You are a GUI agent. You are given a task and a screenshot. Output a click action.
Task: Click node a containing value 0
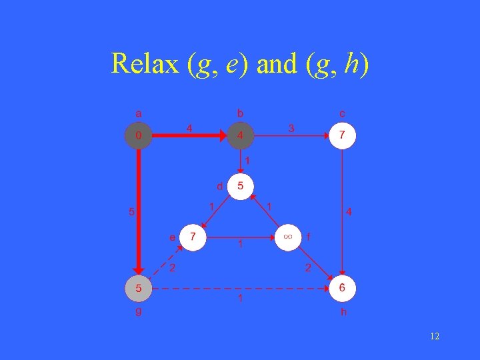tap(139, 135)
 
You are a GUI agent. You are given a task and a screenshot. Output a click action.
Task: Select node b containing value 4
tap(241, 135)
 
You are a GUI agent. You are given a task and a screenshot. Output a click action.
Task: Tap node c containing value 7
tap(342, 135)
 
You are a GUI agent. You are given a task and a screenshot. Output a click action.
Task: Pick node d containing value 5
tap(240, 186)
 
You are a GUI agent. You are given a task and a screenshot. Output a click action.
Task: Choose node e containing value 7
tap(193, 237)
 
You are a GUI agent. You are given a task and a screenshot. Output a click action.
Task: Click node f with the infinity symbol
tap(288, 237)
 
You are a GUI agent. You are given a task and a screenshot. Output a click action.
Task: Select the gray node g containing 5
tap(139, 289)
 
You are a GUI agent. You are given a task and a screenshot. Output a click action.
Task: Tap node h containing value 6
tap(342, 288)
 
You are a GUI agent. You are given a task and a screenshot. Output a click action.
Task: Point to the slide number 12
tap(434, 337)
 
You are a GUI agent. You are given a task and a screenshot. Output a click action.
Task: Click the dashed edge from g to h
tap(240, 289)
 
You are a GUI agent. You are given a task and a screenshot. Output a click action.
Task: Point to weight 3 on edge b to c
tap(291, 127)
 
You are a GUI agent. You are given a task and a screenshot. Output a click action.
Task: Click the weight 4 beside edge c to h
tap(349, 212)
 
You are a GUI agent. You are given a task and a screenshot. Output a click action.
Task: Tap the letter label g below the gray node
tap(139, 310)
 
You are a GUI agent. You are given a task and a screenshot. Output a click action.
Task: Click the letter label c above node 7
tap(342, 113)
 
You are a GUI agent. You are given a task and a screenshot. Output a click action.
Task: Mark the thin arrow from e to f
tap(240, 237)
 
